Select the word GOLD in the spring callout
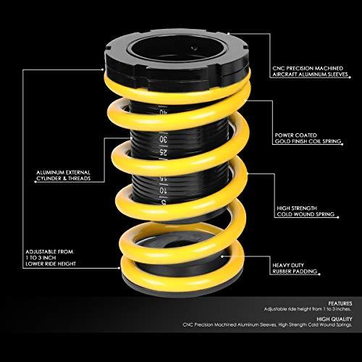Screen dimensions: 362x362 tap(282, 141)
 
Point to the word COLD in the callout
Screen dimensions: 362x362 tap(284, 214)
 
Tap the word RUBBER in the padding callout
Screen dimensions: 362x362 tap(282, 271)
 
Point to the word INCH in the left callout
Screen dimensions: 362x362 tap(49, 258)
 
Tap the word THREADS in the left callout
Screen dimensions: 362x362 tap(79, 179)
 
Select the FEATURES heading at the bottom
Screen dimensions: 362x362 tap(340, 303)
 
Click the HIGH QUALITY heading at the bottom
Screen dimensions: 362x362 tap(334, 319)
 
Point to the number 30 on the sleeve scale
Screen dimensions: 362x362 tap(164, 140)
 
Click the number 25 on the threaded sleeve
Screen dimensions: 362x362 tap(163, 153)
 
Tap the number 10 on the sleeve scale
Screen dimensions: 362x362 tap(163, 190)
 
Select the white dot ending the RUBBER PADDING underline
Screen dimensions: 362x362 tap(319, 274)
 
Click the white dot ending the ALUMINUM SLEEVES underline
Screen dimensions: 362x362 tap(350, 77)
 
